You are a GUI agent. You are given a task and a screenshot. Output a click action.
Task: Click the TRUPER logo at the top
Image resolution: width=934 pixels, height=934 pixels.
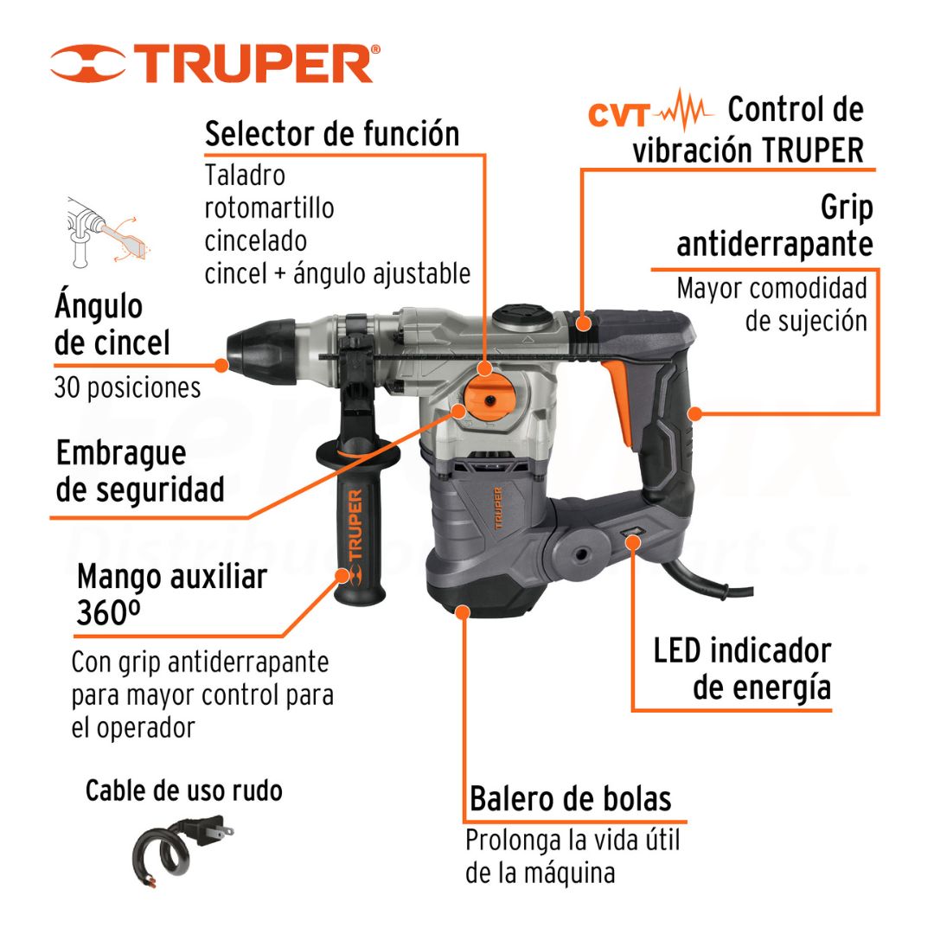[x=215, y=62]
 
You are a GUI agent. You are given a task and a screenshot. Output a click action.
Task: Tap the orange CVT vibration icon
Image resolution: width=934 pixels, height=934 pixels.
[x=649, y=112]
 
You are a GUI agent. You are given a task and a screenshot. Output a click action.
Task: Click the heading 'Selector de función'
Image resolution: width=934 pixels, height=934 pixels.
[x=332, y=133]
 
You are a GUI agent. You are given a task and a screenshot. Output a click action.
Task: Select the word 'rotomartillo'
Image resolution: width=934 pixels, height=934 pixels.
[x=269, y=208]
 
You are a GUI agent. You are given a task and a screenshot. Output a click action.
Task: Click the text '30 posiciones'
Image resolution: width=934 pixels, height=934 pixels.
[x=127, y=387]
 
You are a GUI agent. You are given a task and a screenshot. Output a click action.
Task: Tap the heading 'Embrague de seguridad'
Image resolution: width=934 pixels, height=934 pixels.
[x=140, y=471]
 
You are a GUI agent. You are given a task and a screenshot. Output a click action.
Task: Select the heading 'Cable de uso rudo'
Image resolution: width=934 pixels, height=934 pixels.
[x=184, y=791]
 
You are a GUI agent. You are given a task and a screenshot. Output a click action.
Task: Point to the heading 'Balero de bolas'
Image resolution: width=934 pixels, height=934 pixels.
[x=571, y=799]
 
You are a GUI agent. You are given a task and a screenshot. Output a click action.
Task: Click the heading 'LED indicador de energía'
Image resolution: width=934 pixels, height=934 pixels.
[x=742, y=669]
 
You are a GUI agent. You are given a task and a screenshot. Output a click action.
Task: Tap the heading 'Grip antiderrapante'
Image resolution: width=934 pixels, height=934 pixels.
[x=775, y=226]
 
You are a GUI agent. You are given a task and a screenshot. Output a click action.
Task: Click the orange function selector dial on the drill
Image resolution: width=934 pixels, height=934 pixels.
[x=489, y=399]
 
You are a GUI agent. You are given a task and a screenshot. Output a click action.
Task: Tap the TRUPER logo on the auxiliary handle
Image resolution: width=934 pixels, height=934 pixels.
[x=355, y=537]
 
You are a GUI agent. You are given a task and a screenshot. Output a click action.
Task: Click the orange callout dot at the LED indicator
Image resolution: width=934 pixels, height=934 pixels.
[x=633, y=542]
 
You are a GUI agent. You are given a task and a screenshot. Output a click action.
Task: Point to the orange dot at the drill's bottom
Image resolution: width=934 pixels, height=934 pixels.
[x=463, y=611]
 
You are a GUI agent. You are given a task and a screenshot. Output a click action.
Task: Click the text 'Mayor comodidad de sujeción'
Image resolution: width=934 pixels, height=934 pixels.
[x=772, y=304]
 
